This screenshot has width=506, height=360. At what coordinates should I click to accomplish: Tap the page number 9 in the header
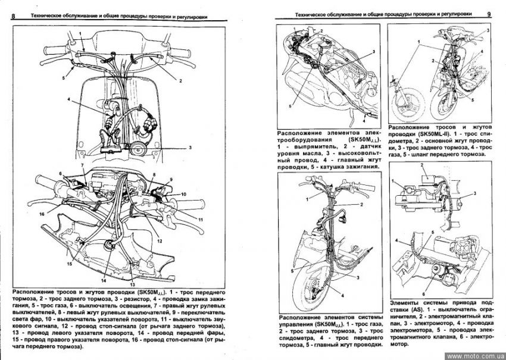489,13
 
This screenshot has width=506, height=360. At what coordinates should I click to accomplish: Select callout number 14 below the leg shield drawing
103,280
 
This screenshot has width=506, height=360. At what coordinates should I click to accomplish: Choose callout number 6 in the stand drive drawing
424,293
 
